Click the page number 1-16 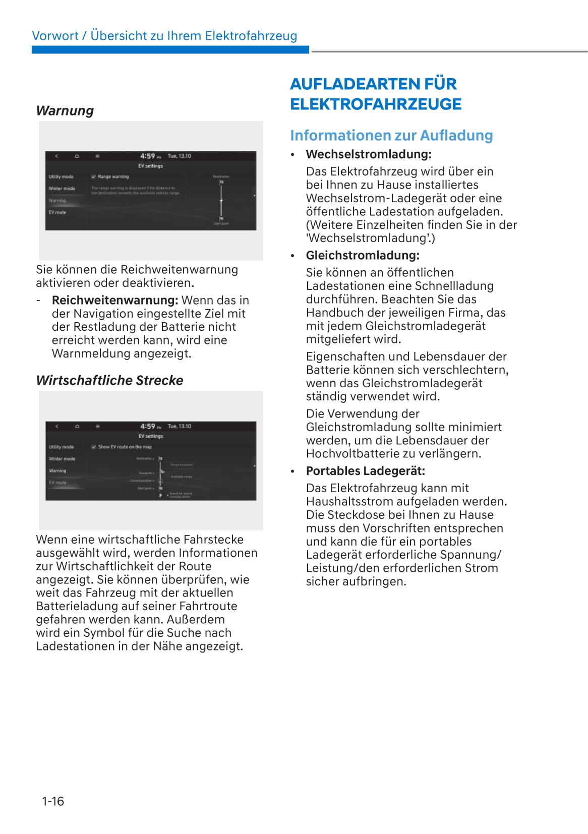point(53,801)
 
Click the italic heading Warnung point(65,110)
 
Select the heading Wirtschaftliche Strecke point(109,380)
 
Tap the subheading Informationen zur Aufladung point(391,135)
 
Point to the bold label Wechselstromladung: point(369,154)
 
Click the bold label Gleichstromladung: point(363,255)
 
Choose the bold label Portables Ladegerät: point(365,471)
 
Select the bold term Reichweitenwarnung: point(115,301)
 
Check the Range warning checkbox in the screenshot point(94,177)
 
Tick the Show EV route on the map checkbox point(94,447)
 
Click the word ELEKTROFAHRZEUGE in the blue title point(376,104)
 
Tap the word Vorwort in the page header point(55,36)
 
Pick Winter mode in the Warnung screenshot point(62,189)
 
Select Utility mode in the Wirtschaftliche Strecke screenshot point(61,447)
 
